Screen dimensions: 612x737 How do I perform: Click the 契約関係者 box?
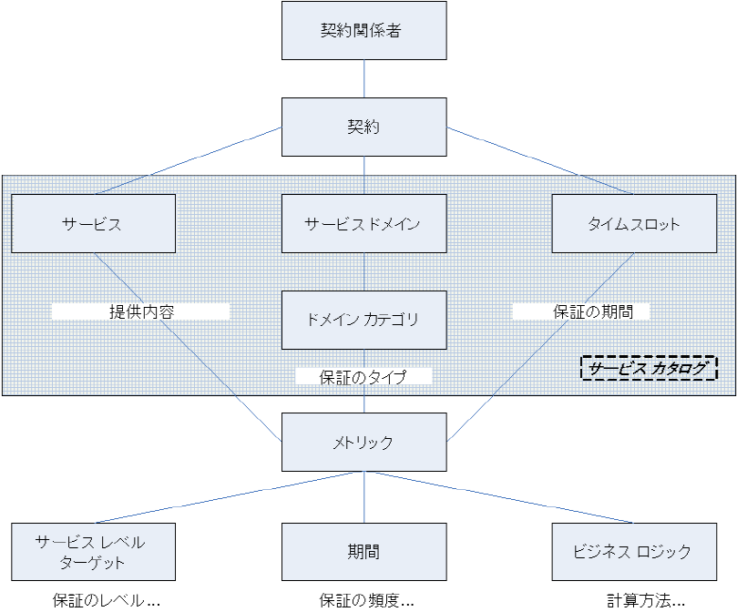(364, 31)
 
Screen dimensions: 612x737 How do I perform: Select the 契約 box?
(364, 127)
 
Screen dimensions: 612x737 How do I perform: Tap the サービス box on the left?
(93, 223)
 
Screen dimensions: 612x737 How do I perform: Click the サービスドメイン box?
(364, 223)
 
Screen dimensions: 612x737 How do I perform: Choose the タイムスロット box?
(634, 223)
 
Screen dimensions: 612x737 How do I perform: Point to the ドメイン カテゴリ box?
(364, 320)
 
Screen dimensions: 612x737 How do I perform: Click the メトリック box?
(364, 443)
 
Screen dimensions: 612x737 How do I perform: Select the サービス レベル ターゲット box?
(93, 552)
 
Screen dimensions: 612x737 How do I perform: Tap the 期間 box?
(364, 552)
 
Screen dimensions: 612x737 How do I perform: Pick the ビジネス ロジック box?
(634, 552)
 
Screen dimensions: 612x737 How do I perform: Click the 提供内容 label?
(141, 311)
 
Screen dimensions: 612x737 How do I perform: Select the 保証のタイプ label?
(363, 377)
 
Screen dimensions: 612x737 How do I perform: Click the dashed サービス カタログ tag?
(649, 368)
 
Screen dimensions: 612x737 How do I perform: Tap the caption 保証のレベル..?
(107, 601)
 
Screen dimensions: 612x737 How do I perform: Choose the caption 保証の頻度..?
(366, 601)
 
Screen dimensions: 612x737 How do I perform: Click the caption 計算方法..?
(646, 601)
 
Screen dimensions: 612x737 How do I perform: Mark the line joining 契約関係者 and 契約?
(364, 79)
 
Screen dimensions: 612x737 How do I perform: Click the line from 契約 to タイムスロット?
(539, 160)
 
